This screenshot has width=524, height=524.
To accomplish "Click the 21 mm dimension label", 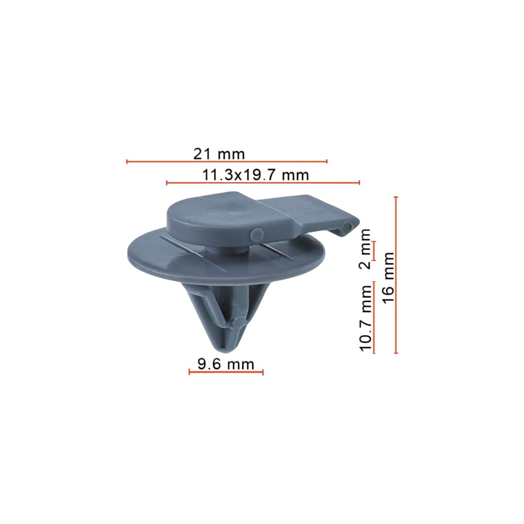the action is pyautogui.click(x=219, y=154).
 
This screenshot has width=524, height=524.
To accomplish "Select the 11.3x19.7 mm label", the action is pyautogui.click(x=256, y=175).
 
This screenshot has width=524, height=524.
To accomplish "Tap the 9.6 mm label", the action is pyautogui.click(x=226, y=364).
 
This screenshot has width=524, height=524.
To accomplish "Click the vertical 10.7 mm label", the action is pyautogui.click(x=366, y=318).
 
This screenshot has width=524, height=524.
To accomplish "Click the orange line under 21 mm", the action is pyautogui.click(x=227, y=162).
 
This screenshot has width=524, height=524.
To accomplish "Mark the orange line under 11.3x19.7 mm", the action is pyautogui.click(x=263, y=182).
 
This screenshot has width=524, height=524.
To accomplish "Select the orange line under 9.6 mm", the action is pyautogui.click(x=226, y=372).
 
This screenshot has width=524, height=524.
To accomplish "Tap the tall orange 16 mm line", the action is pyautogui.click(x=396, y=275).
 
